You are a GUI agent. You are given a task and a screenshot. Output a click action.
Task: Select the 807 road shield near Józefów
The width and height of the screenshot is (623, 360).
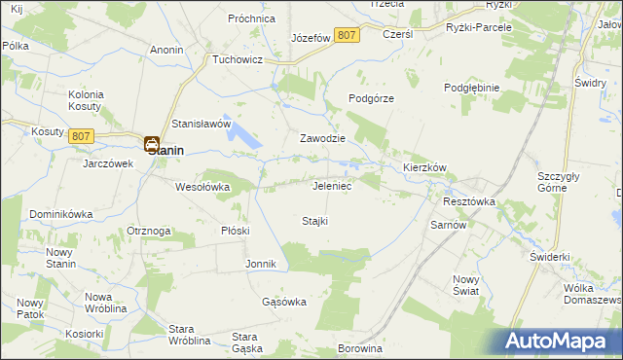point(346,35)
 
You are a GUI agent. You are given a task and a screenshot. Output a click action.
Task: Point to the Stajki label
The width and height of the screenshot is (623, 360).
point(314,221)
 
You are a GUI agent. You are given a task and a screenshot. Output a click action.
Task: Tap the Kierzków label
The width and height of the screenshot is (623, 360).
point(424,167)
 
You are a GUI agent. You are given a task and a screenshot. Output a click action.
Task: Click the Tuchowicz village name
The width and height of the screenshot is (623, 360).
point(239,58)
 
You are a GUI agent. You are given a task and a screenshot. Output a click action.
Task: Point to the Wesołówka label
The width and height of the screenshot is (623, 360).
point(202,186)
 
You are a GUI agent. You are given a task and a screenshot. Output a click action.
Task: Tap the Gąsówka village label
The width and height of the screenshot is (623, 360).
point(284,302)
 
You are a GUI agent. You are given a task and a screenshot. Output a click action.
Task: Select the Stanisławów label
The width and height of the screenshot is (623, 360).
point(201,125)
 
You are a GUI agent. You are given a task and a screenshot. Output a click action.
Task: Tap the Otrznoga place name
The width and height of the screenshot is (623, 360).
point(149,231)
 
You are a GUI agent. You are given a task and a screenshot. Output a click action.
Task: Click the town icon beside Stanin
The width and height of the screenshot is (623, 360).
point(153,145)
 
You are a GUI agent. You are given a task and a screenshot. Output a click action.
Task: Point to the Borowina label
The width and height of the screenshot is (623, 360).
point(358,347)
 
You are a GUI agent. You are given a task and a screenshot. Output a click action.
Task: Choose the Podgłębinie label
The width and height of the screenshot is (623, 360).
point(471,88)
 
